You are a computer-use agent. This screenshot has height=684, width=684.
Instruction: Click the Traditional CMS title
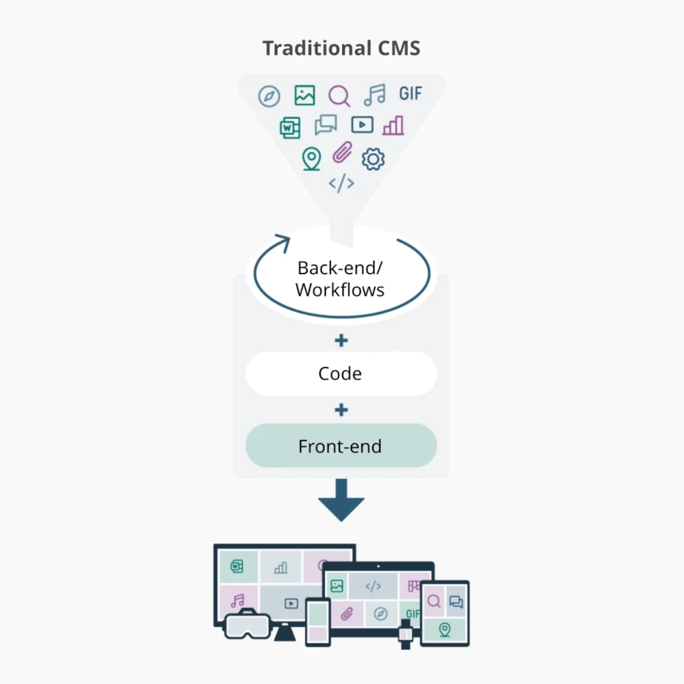[341, 49]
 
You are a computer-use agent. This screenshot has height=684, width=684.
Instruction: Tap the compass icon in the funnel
[269, 96]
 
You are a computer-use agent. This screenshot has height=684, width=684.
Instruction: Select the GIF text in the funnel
[410, 94]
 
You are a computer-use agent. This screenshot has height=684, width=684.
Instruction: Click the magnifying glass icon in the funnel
[339, 96]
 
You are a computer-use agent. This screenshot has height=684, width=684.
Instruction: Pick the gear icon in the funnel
[373, 159]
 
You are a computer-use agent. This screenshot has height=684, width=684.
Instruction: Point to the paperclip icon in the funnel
[341, 153]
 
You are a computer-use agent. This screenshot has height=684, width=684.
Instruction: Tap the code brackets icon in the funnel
[341, 183]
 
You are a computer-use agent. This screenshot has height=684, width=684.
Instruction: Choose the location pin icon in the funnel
[311, 159]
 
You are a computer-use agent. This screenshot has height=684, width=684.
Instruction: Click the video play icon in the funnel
[362, 124]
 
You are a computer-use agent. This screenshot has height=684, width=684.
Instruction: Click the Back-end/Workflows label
[340, 278]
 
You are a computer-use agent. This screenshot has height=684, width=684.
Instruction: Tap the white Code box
[341, 374]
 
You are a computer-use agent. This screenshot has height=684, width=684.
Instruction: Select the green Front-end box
[341, 447]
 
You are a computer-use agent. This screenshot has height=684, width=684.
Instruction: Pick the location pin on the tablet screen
[445, 629]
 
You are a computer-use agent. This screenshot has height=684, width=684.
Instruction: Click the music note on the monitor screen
[237, 601]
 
